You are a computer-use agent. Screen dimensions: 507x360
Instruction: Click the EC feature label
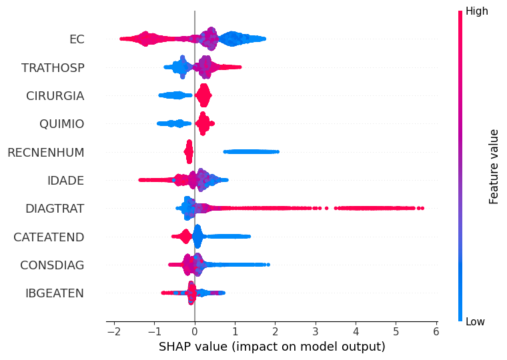pos(77,39)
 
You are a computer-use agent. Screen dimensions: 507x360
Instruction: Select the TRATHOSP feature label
pos(53,67)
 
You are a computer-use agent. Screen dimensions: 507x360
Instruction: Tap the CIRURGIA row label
pos(55,95)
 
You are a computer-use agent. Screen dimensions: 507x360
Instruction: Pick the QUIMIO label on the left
pos(62,124)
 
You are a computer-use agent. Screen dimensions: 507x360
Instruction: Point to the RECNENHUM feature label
pos(46,152)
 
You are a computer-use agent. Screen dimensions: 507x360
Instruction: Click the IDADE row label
pos(65,180)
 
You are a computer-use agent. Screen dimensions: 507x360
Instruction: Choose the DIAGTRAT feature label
pos(55,209)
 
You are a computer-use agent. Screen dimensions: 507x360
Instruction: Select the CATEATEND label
pos(49,237)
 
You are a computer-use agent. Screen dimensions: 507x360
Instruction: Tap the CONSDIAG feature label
pos(52,265)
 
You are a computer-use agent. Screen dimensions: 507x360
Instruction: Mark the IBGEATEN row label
pos(55,293)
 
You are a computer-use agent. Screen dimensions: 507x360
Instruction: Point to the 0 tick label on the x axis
pos(195,331)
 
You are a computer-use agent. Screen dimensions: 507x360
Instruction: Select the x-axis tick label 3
pos(316,331)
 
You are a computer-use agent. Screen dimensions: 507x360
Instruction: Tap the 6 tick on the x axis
pos(436,331)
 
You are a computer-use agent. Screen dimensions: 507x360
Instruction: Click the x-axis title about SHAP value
pos(272,347)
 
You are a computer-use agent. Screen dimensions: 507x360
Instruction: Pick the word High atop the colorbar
pos(476,11)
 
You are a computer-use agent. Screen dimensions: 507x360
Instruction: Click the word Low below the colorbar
pos(475,321)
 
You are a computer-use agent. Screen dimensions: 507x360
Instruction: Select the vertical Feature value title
pos(494,167)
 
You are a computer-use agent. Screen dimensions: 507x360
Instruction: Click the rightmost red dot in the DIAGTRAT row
pos(422,208)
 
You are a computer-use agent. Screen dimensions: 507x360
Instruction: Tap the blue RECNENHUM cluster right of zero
pos(251,152)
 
